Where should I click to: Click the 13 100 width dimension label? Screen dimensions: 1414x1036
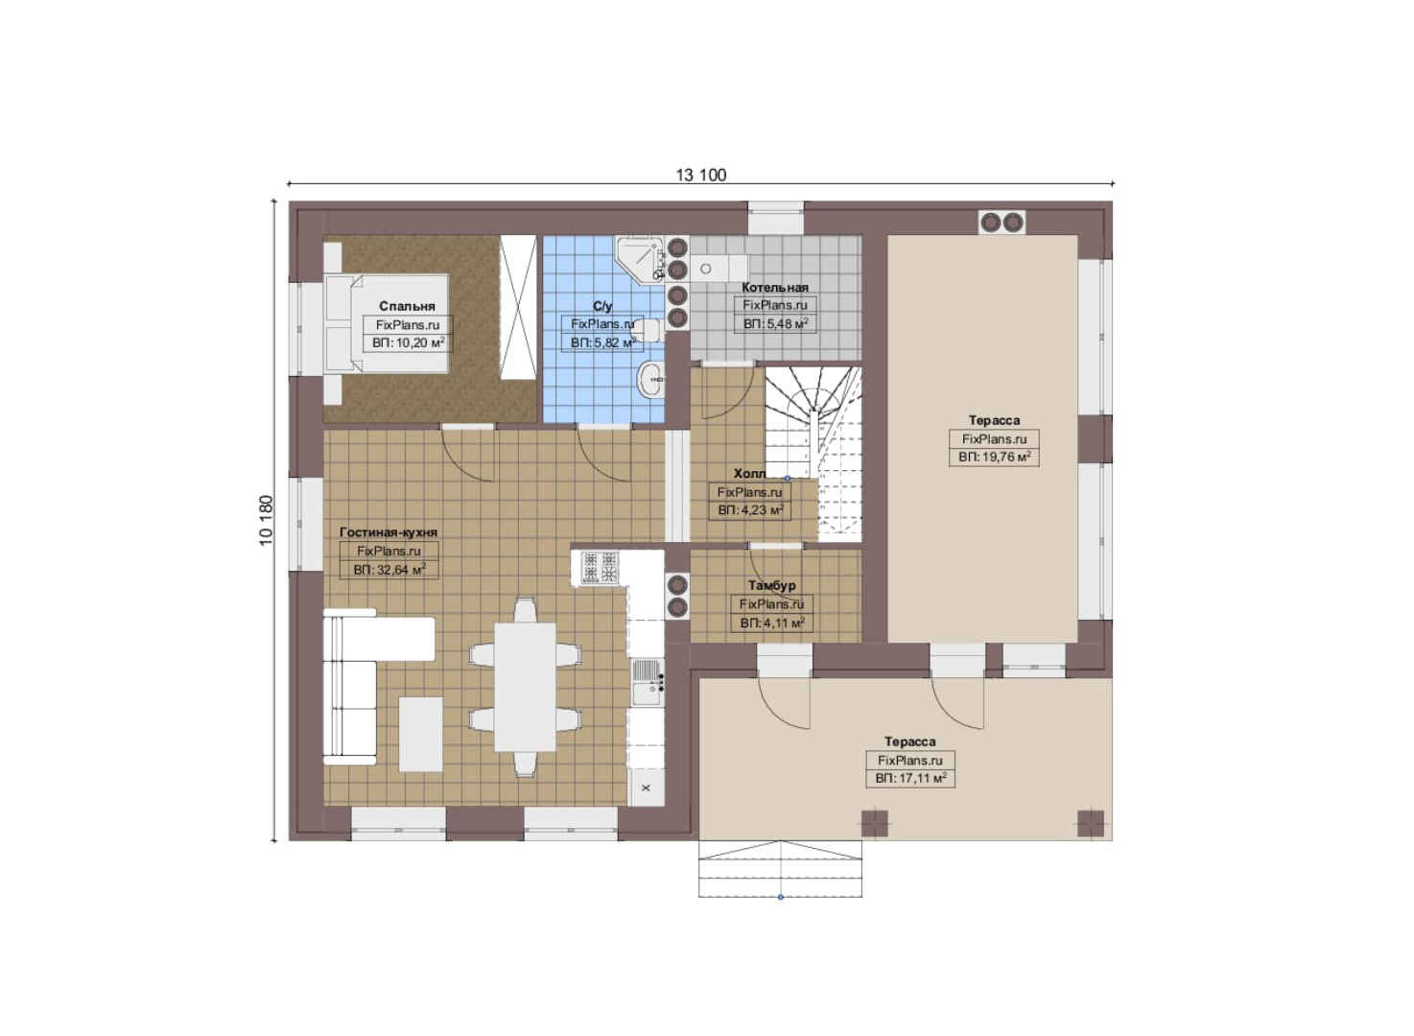click(700, 175)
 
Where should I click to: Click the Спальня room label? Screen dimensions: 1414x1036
click(407, 306)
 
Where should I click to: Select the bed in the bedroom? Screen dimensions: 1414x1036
click(387, 323)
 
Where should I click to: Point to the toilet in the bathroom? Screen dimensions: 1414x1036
click(647, 330)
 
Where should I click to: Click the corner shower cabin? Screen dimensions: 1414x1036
click(640, 258)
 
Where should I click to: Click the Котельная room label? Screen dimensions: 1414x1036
click(774, 287)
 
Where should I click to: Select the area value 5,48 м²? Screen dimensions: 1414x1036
click(775, 324)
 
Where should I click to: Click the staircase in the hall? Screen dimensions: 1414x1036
click(813, 454)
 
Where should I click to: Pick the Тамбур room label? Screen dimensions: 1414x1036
click(772, 585)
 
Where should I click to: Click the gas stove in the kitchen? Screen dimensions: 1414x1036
click(600, 567)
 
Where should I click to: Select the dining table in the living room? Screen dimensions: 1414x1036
click(525, 688)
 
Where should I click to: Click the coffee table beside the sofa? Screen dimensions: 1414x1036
click(420, 734)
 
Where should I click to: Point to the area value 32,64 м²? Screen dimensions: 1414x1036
click(389, 570)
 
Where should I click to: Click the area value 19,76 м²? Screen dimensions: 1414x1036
click(995, 457)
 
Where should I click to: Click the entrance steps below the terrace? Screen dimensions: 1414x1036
click(780, 869)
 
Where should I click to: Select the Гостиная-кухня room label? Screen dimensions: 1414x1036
click(389, 532)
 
